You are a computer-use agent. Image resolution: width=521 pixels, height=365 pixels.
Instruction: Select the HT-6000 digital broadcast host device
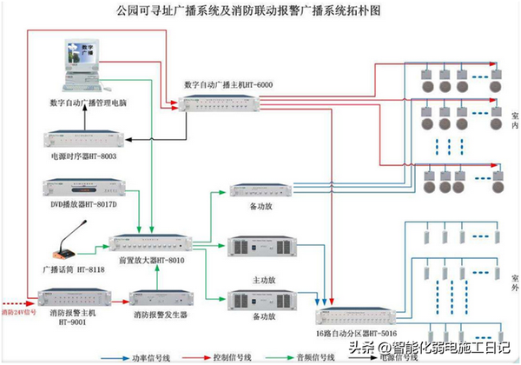click(x=228, y=103)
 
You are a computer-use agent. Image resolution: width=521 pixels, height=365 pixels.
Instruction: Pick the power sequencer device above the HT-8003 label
click(x=85, y=141)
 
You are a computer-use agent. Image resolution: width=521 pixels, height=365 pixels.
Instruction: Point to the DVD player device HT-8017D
click(x=85, y=188)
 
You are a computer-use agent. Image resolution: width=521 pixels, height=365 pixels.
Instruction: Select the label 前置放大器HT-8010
click(x=152, y=259)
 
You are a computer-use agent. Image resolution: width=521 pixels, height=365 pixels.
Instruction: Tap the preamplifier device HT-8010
click(x=153, y=241)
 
